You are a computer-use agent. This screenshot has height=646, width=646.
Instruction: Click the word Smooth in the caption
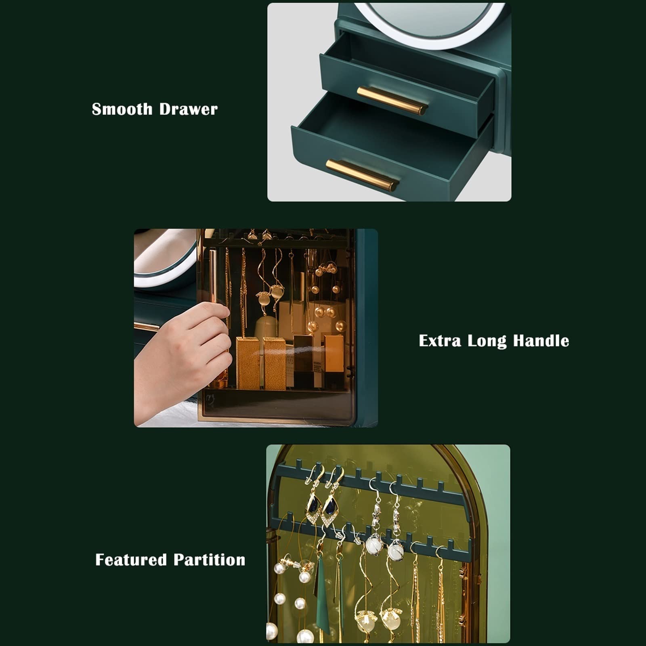coord(122,109)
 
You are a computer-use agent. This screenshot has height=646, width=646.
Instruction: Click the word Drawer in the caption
coord(188,109)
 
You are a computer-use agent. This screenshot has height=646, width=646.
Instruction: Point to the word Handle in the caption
coord(541,341)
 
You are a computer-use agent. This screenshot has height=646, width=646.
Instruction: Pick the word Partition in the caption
coord(210,560)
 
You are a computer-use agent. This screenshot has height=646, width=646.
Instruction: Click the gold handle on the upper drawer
coord(392,101)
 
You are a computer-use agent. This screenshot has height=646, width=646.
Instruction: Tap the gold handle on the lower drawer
coord(362,175)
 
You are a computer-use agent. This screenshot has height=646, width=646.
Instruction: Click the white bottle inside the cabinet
coord(266,327)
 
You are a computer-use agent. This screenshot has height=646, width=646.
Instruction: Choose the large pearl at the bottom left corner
coord(272,631)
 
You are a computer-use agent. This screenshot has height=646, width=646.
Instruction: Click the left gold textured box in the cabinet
coord(248,363)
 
